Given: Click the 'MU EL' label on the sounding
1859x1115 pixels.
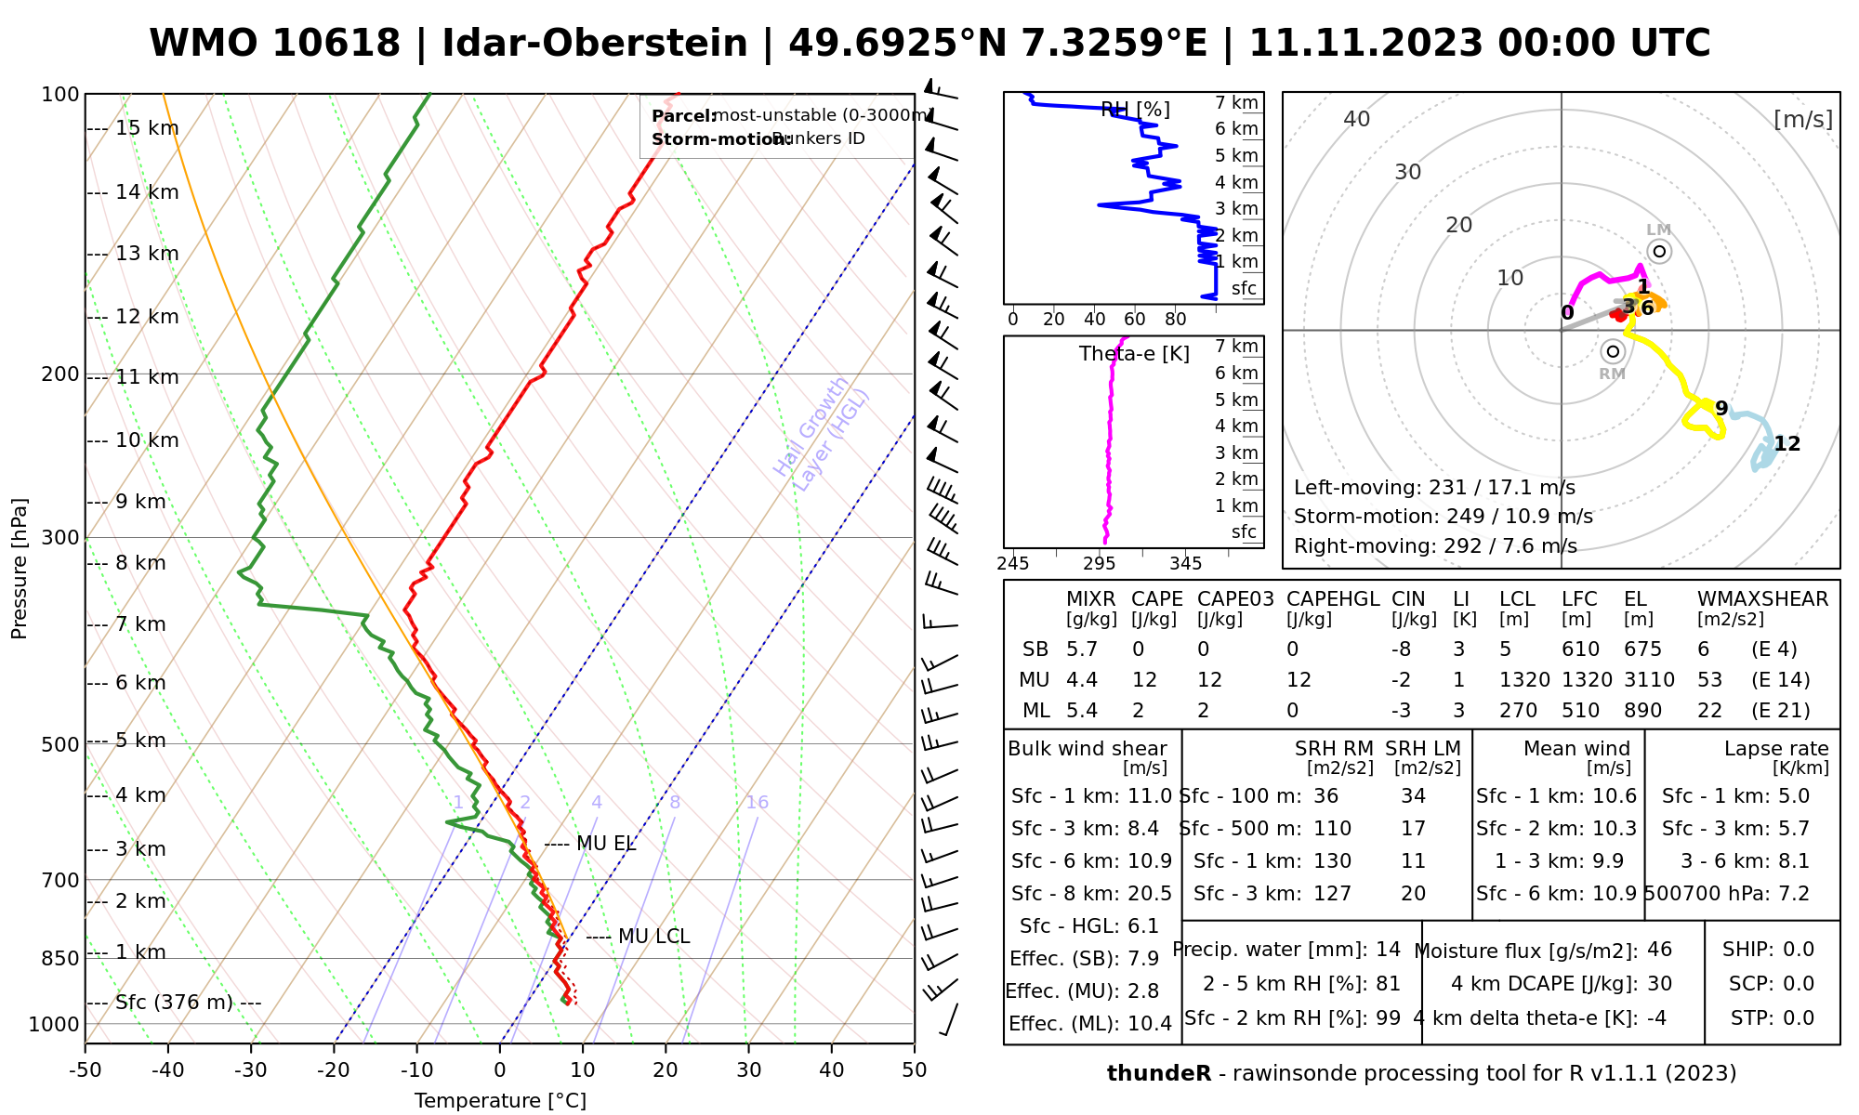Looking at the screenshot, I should click(606, 844).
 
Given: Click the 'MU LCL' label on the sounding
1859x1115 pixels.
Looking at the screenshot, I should click(653, 937).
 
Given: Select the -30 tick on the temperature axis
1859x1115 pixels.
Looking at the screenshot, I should click(251, 1070).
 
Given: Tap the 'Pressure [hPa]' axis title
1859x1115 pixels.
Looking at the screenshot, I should click(20, 569).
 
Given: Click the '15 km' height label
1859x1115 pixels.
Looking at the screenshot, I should click(147, 128).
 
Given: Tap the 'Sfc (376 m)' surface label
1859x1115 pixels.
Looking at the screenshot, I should click(176, 1003).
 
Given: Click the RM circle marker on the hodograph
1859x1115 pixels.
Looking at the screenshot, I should click(1613, 351).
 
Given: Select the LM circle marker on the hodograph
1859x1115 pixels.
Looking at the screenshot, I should click(1659, 252).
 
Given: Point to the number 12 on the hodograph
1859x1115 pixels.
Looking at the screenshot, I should click(1786, 444).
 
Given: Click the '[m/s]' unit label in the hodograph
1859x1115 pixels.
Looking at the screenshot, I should click(1803, 120).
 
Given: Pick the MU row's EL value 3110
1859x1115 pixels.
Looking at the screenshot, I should click(1649, 680).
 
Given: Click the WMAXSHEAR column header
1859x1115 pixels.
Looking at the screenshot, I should click(1762, 599).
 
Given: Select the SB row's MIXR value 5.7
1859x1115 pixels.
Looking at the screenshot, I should click(1082, 649).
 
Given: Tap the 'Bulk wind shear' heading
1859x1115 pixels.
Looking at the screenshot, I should click(1088, 749).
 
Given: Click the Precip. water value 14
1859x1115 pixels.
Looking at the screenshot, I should click(1388, 950).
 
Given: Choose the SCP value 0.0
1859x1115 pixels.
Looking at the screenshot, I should click(1799, 984).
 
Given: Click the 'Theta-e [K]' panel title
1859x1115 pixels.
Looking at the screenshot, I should click(1134, 354).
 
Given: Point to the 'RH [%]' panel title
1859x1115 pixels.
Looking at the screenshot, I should click(1135, 110).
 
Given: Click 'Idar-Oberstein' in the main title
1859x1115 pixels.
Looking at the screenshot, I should click(594, 44).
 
